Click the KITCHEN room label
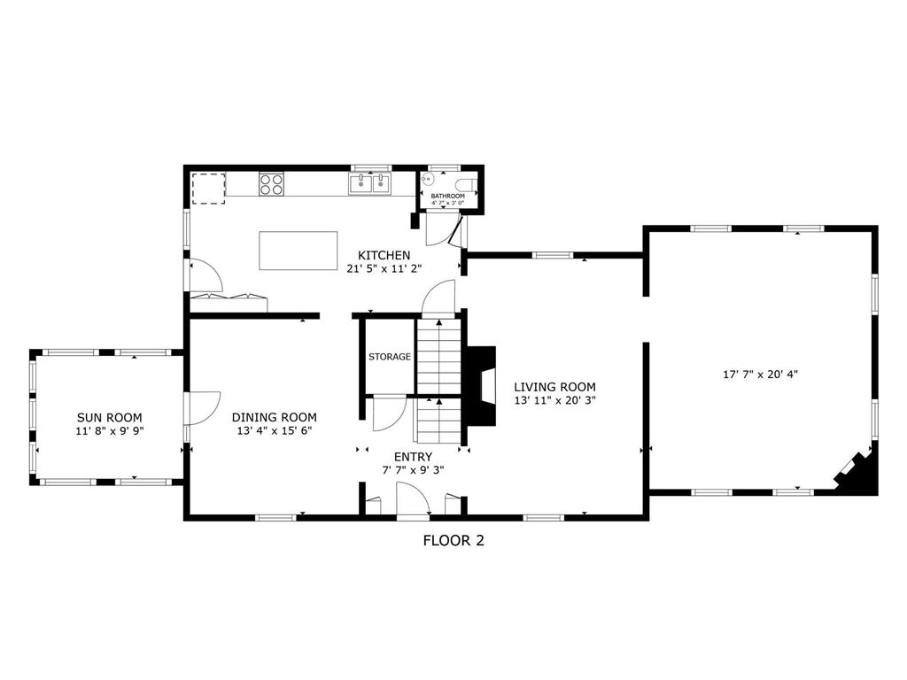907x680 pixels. pos(384,255)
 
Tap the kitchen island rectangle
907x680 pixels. pos(298,251)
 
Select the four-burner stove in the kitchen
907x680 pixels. pos(271,184)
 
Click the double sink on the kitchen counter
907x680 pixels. pos(369,183)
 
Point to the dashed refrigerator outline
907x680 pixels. pos(208,188)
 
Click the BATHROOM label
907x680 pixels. pos(447,196)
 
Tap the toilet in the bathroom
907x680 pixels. pos(466,184)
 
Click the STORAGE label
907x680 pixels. pos(390,357)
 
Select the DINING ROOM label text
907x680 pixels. pos(275,417)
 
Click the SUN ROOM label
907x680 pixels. pos(109,417)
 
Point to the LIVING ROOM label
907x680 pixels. pos(554,387)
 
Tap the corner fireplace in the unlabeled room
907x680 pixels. pos(857,475)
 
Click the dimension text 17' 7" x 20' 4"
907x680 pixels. pos(761,375)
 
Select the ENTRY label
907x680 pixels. pos(413,457)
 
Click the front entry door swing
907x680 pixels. pos(412,498)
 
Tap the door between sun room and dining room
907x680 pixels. pos(203,408)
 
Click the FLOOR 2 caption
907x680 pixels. pos(453,541)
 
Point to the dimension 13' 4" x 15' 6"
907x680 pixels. pos(275,431)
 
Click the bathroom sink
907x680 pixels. pos(429,178)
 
